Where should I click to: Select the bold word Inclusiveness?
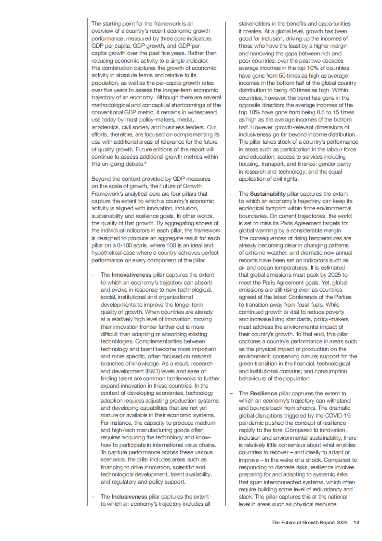pos(129,497)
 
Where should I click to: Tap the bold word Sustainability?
pos(268,194)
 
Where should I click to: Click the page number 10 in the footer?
pos(356,523)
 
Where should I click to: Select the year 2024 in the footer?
pos(342,523)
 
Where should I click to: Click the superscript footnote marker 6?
pos(145,163)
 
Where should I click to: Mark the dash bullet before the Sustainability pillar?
pos(231,194)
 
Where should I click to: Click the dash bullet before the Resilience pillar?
pos(231,393)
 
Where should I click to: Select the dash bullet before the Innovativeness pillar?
pos(93,275)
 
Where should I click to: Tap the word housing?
pos(248,164)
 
